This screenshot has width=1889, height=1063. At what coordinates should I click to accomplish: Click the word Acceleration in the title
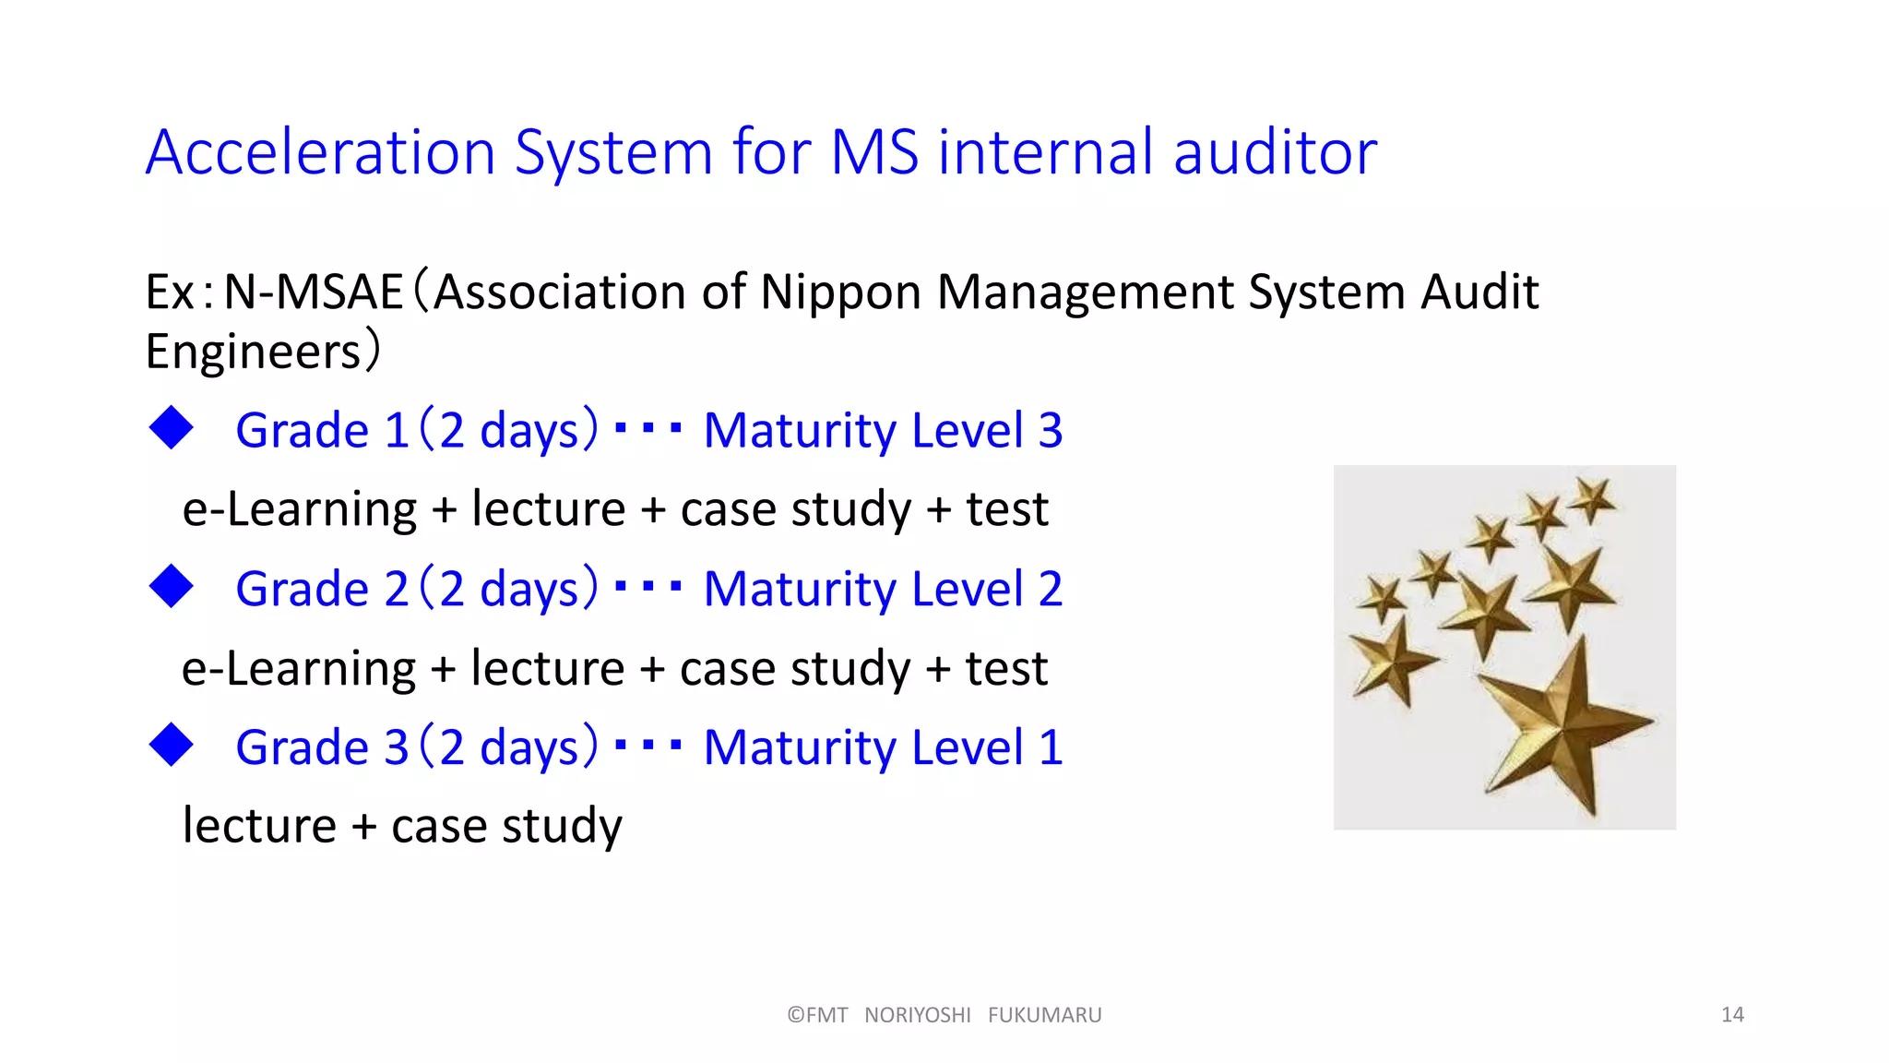point(321,152)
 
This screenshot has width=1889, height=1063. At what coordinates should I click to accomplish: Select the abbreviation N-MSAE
point(314,293)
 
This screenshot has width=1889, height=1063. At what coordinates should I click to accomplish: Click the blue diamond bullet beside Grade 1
point(172,428)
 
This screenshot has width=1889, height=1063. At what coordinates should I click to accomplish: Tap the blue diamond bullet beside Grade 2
point(172,587)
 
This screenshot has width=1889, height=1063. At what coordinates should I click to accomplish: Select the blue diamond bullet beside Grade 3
point(172,746)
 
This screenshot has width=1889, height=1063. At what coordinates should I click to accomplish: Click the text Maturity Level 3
point(883,431)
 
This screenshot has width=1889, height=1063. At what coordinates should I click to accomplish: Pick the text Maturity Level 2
point(883,590)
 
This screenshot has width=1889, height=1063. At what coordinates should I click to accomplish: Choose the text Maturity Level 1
point(883,748)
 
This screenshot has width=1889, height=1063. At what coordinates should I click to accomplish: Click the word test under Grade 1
point(1006,509)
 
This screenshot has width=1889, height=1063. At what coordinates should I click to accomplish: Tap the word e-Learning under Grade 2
point(299,668)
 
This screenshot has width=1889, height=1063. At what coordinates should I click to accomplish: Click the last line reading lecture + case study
point(402,826)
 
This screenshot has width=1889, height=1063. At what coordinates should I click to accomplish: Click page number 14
point(1732,1015)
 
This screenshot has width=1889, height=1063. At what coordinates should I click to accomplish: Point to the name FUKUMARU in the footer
point(1044,1015)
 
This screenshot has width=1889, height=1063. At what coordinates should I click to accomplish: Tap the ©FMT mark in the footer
point(817,1015)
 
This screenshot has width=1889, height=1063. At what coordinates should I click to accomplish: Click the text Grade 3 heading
point(321,748)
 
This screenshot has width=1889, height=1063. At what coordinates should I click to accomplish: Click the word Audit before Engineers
point(1479,293)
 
